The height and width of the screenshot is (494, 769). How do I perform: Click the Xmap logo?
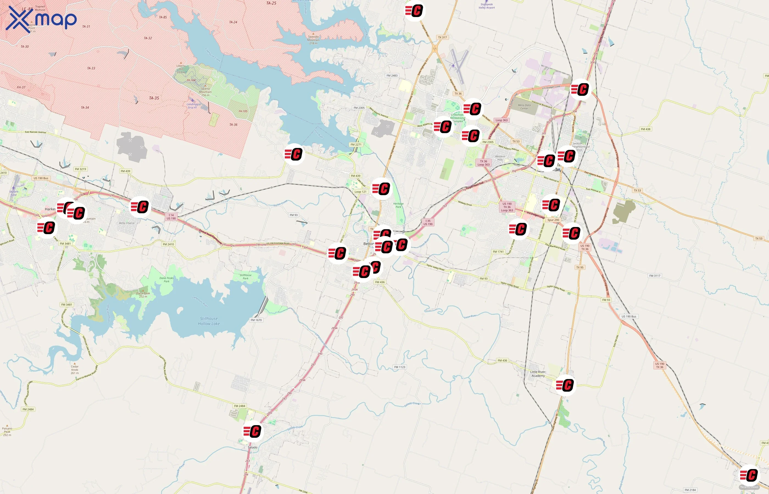click(41, 19)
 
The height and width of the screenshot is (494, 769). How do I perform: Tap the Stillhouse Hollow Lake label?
click(209, 321)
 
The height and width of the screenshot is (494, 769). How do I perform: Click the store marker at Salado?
click(253, 431)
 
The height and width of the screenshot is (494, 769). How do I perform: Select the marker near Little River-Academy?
click(565, 385)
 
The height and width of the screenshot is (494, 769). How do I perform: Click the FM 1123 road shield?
click(400, 367)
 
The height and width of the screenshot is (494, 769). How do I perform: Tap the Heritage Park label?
click(398, 205)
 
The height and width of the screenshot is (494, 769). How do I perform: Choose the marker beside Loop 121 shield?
click(381, 189)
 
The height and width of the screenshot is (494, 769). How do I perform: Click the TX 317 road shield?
click(442, 37)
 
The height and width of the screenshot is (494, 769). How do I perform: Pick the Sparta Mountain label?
click(205, 92)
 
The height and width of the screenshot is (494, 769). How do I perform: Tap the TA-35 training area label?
click(154, 98)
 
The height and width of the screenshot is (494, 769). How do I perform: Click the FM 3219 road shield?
click(80, 169)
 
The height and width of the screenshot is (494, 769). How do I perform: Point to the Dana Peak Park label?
click(167, 279)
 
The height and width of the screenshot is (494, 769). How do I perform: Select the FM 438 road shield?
click(645, 129)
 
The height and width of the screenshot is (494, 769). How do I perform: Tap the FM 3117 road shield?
click(655, 276)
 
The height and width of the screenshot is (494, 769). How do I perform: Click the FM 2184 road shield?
click(690, 490)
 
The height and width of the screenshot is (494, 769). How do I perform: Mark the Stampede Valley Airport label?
click(487, 6)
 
